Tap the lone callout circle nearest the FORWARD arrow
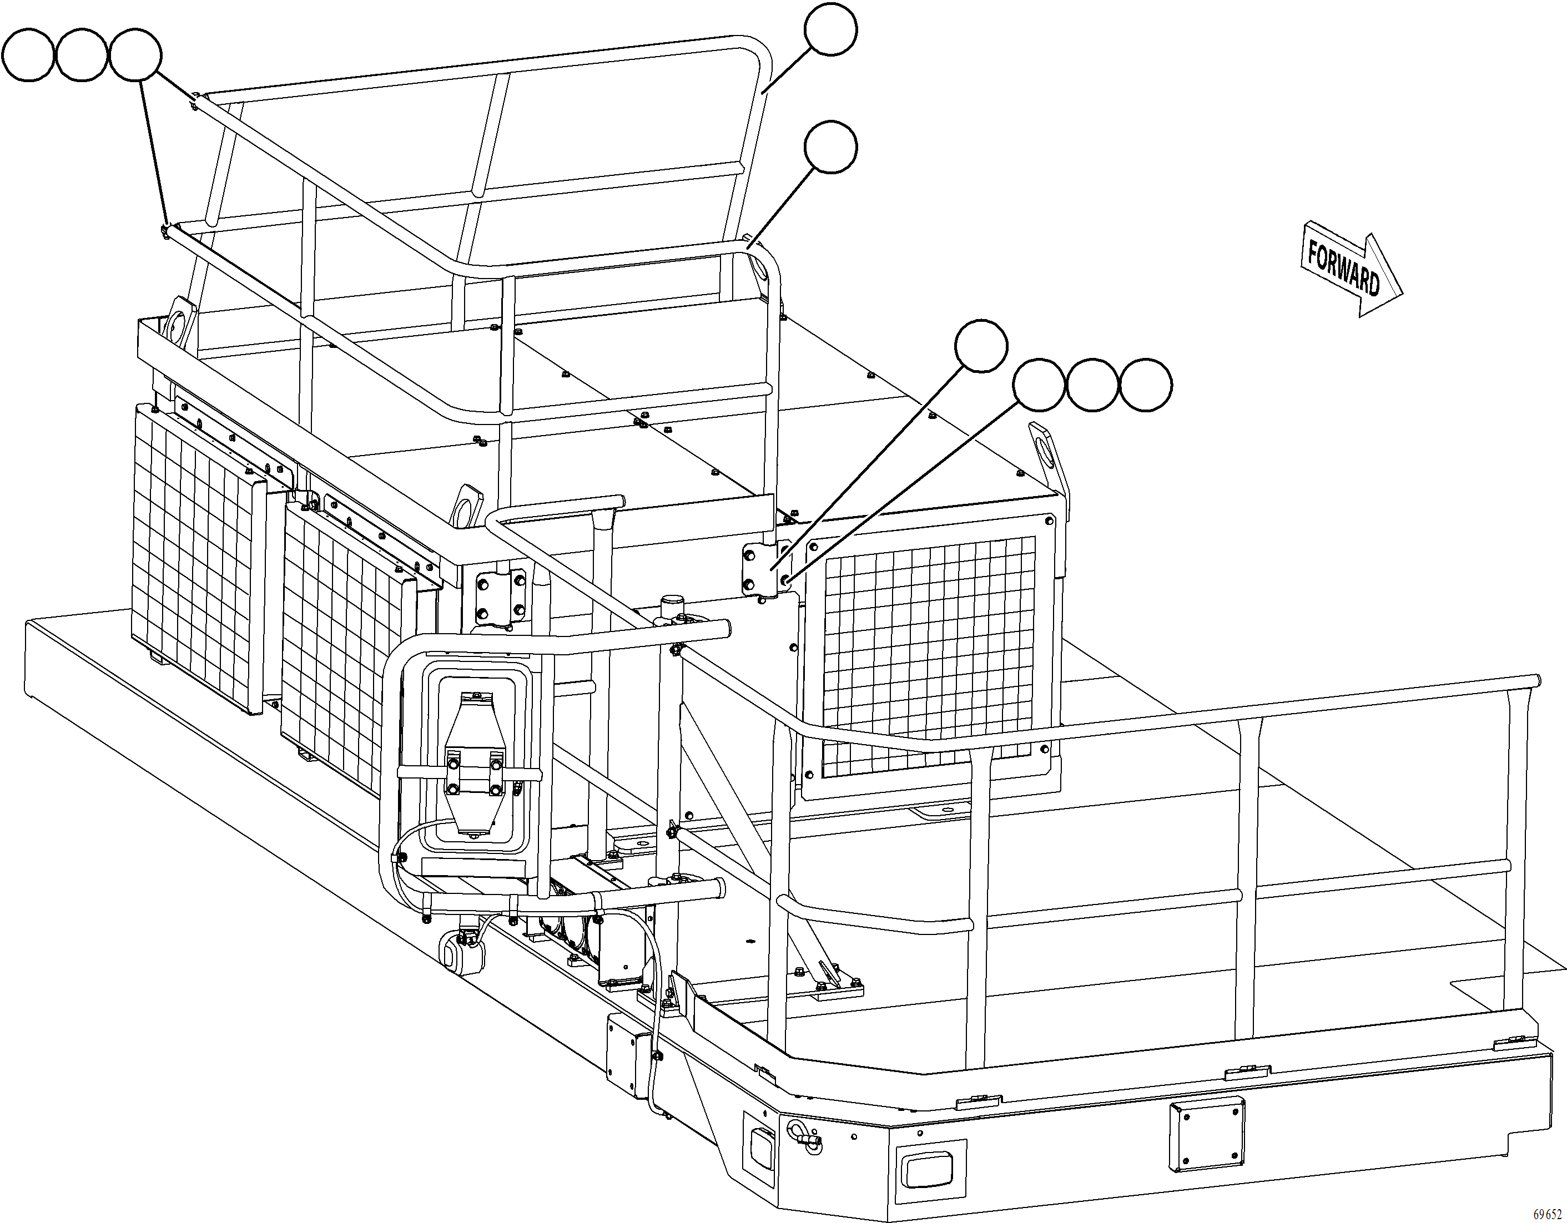pyautogui.click(x=981, y=346)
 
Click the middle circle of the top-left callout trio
pyautogui.click(x=81, y=56)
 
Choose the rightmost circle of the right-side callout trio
pyautogui.click(x=1146, y=385)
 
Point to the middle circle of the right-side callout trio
pyautogui.click(x=1092, y=385)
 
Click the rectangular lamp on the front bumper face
pyautogui.click(x=925, y=1172)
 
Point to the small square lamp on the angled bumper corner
pyautogui.click(x=759, y=1139)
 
